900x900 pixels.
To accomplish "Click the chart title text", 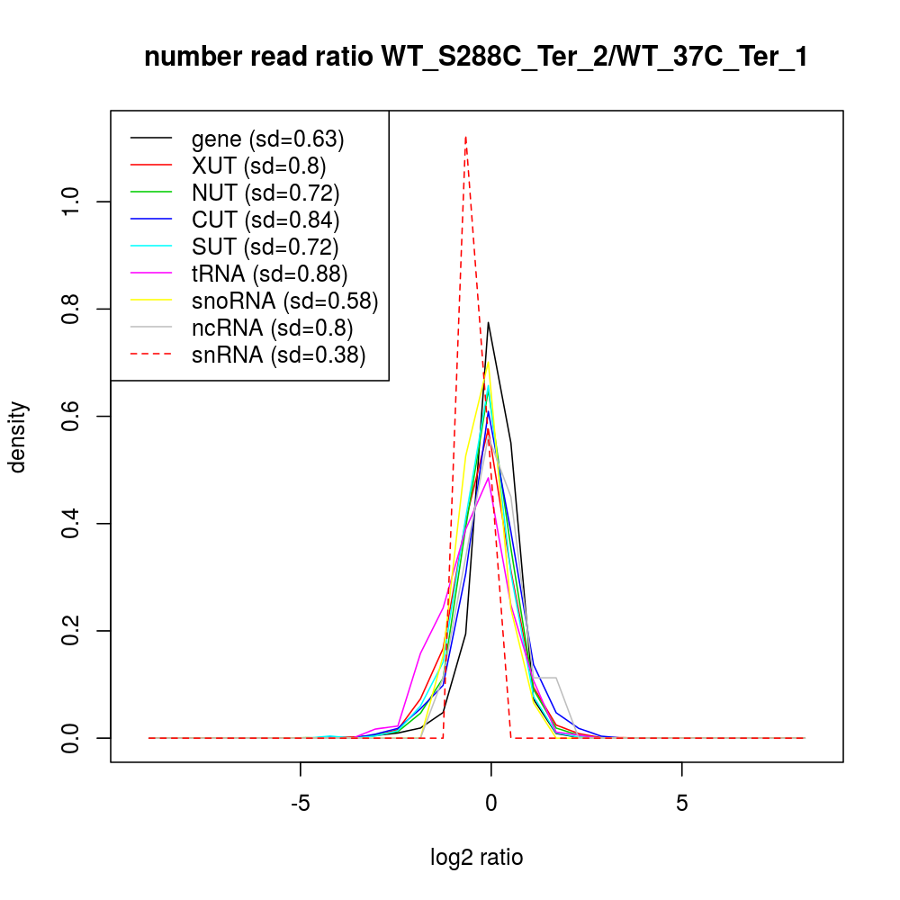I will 476,58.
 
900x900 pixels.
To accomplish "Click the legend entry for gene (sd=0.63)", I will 267,139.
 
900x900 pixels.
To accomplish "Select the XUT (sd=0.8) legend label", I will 258,166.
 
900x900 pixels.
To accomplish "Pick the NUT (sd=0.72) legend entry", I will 265,193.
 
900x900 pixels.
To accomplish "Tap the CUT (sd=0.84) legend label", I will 265,220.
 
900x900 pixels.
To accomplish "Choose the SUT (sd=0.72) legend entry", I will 265,247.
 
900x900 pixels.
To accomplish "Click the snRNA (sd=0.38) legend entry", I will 278,355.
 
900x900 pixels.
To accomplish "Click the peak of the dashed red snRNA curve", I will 465,137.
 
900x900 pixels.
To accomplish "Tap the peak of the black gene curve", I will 488,322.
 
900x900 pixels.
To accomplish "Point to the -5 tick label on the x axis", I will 300,803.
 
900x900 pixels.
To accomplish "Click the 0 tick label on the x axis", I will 490,803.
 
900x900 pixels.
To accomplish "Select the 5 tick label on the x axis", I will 681,803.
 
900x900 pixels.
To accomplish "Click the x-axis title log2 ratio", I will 476,858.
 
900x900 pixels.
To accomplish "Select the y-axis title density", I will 18,436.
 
